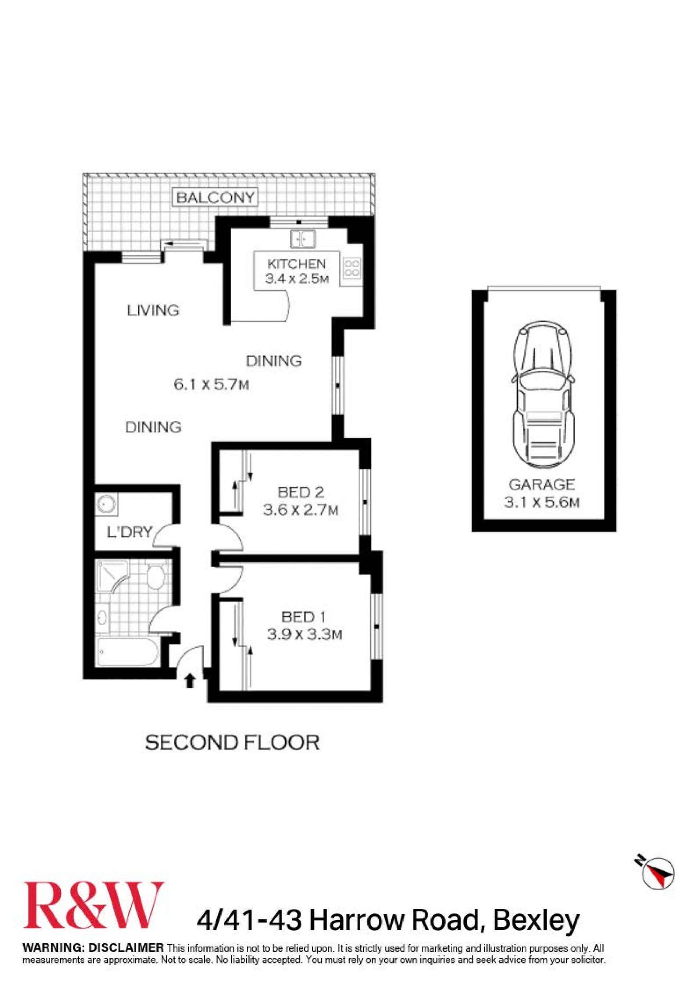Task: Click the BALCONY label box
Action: coord(215,198)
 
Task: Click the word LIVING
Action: coord(153,310)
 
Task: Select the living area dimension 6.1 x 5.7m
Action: coord(211,384)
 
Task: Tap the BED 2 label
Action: coord(301,492)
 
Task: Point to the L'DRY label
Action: coord(129,532)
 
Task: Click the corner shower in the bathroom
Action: coord(112,575)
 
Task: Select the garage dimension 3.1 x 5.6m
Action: coord(542,502)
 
